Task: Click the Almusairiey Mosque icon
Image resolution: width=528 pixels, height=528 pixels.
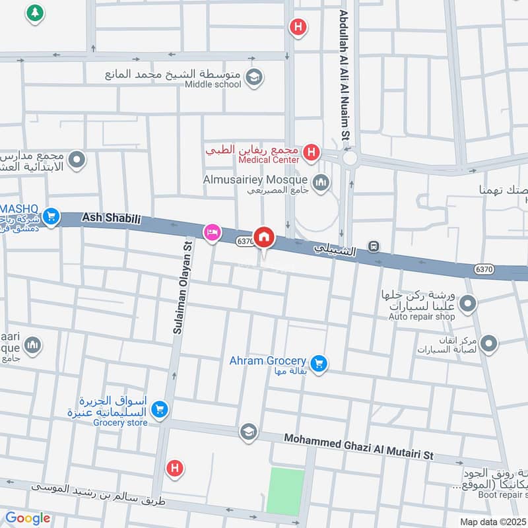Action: click(321, 182)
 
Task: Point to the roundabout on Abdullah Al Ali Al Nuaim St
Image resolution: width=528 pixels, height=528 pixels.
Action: click(349, 158)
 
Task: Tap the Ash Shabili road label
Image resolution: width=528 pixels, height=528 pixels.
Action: click(112, 218)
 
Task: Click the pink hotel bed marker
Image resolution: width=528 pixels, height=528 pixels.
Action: click(212, 232)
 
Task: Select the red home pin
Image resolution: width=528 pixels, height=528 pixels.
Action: click(264, 236)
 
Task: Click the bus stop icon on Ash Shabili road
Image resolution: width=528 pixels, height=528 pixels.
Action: click(374, 247)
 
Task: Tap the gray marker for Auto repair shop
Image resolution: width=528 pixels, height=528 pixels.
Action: click(468, 304)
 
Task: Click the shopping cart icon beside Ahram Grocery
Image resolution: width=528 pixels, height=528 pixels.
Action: click(319, 363)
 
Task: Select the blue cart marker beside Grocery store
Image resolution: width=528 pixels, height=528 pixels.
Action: click(158, 411)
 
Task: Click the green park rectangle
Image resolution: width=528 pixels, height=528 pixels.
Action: click(285, 490)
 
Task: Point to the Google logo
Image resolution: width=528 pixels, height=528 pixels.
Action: click(28, 519)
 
